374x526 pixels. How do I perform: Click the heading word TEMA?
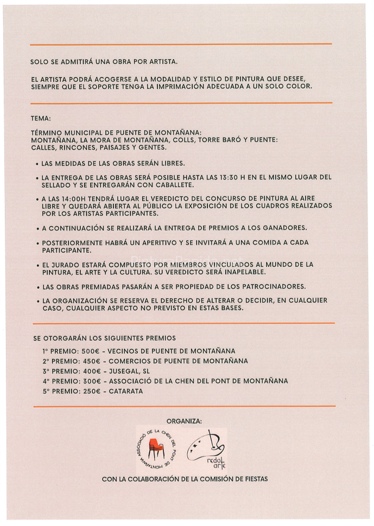[42, 117]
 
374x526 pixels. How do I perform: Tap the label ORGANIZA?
[184, 420]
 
